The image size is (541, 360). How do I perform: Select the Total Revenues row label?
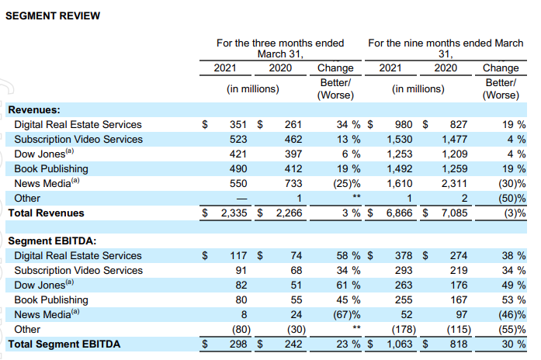pos(47,213)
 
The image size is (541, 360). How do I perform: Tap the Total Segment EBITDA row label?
pos(64,344)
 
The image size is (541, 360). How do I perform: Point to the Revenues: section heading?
pos(34,110)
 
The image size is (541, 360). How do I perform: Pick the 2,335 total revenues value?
pos(231,213)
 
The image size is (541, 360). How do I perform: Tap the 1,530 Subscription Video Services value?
pos(398,139)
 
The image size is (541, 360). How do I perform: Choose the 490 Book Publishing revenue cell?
pos(237,168)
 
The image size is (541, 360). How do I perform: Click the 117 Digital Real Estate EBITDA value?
pos(237,256)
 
